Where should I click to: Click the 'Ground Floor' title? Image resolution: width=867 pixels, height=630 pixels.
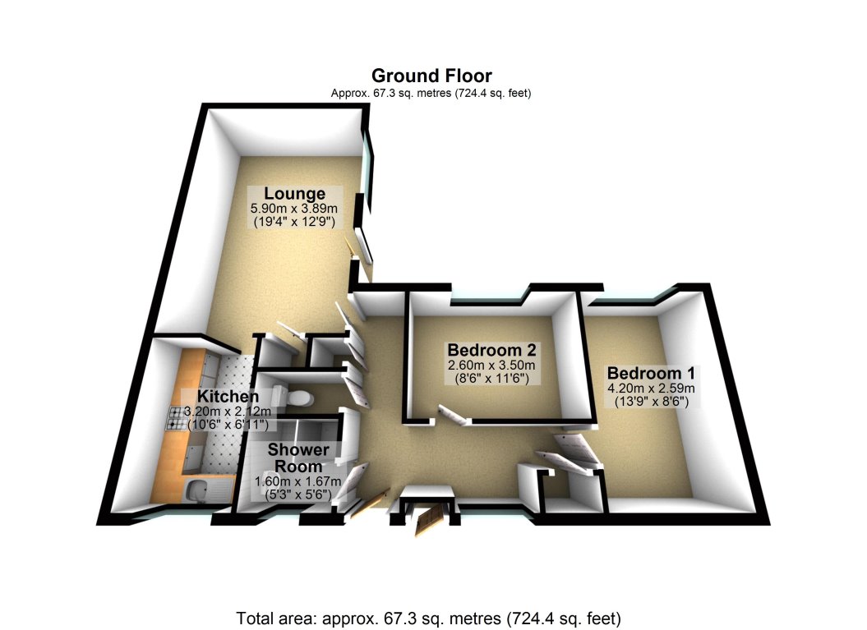coord(431,77)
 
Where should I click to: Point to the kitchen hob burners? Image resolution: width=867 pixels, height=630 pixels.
coord(178,419)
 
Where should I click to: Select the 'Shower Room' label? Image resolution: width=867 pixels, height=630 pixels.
coord(298,458)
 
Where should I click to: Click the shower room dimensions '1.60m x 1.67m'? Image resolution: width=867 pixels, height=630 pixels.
coord(299,482)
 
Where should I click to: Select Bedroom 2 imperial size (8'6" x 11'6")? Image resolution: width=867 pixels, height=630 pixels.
coord(490,379)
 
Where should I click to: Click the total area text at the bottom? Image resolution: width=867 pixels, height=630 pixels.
coord(427,617)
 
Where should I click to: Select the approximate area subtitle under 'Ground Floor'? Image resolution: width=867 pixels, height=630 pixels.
coord(431,94)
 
